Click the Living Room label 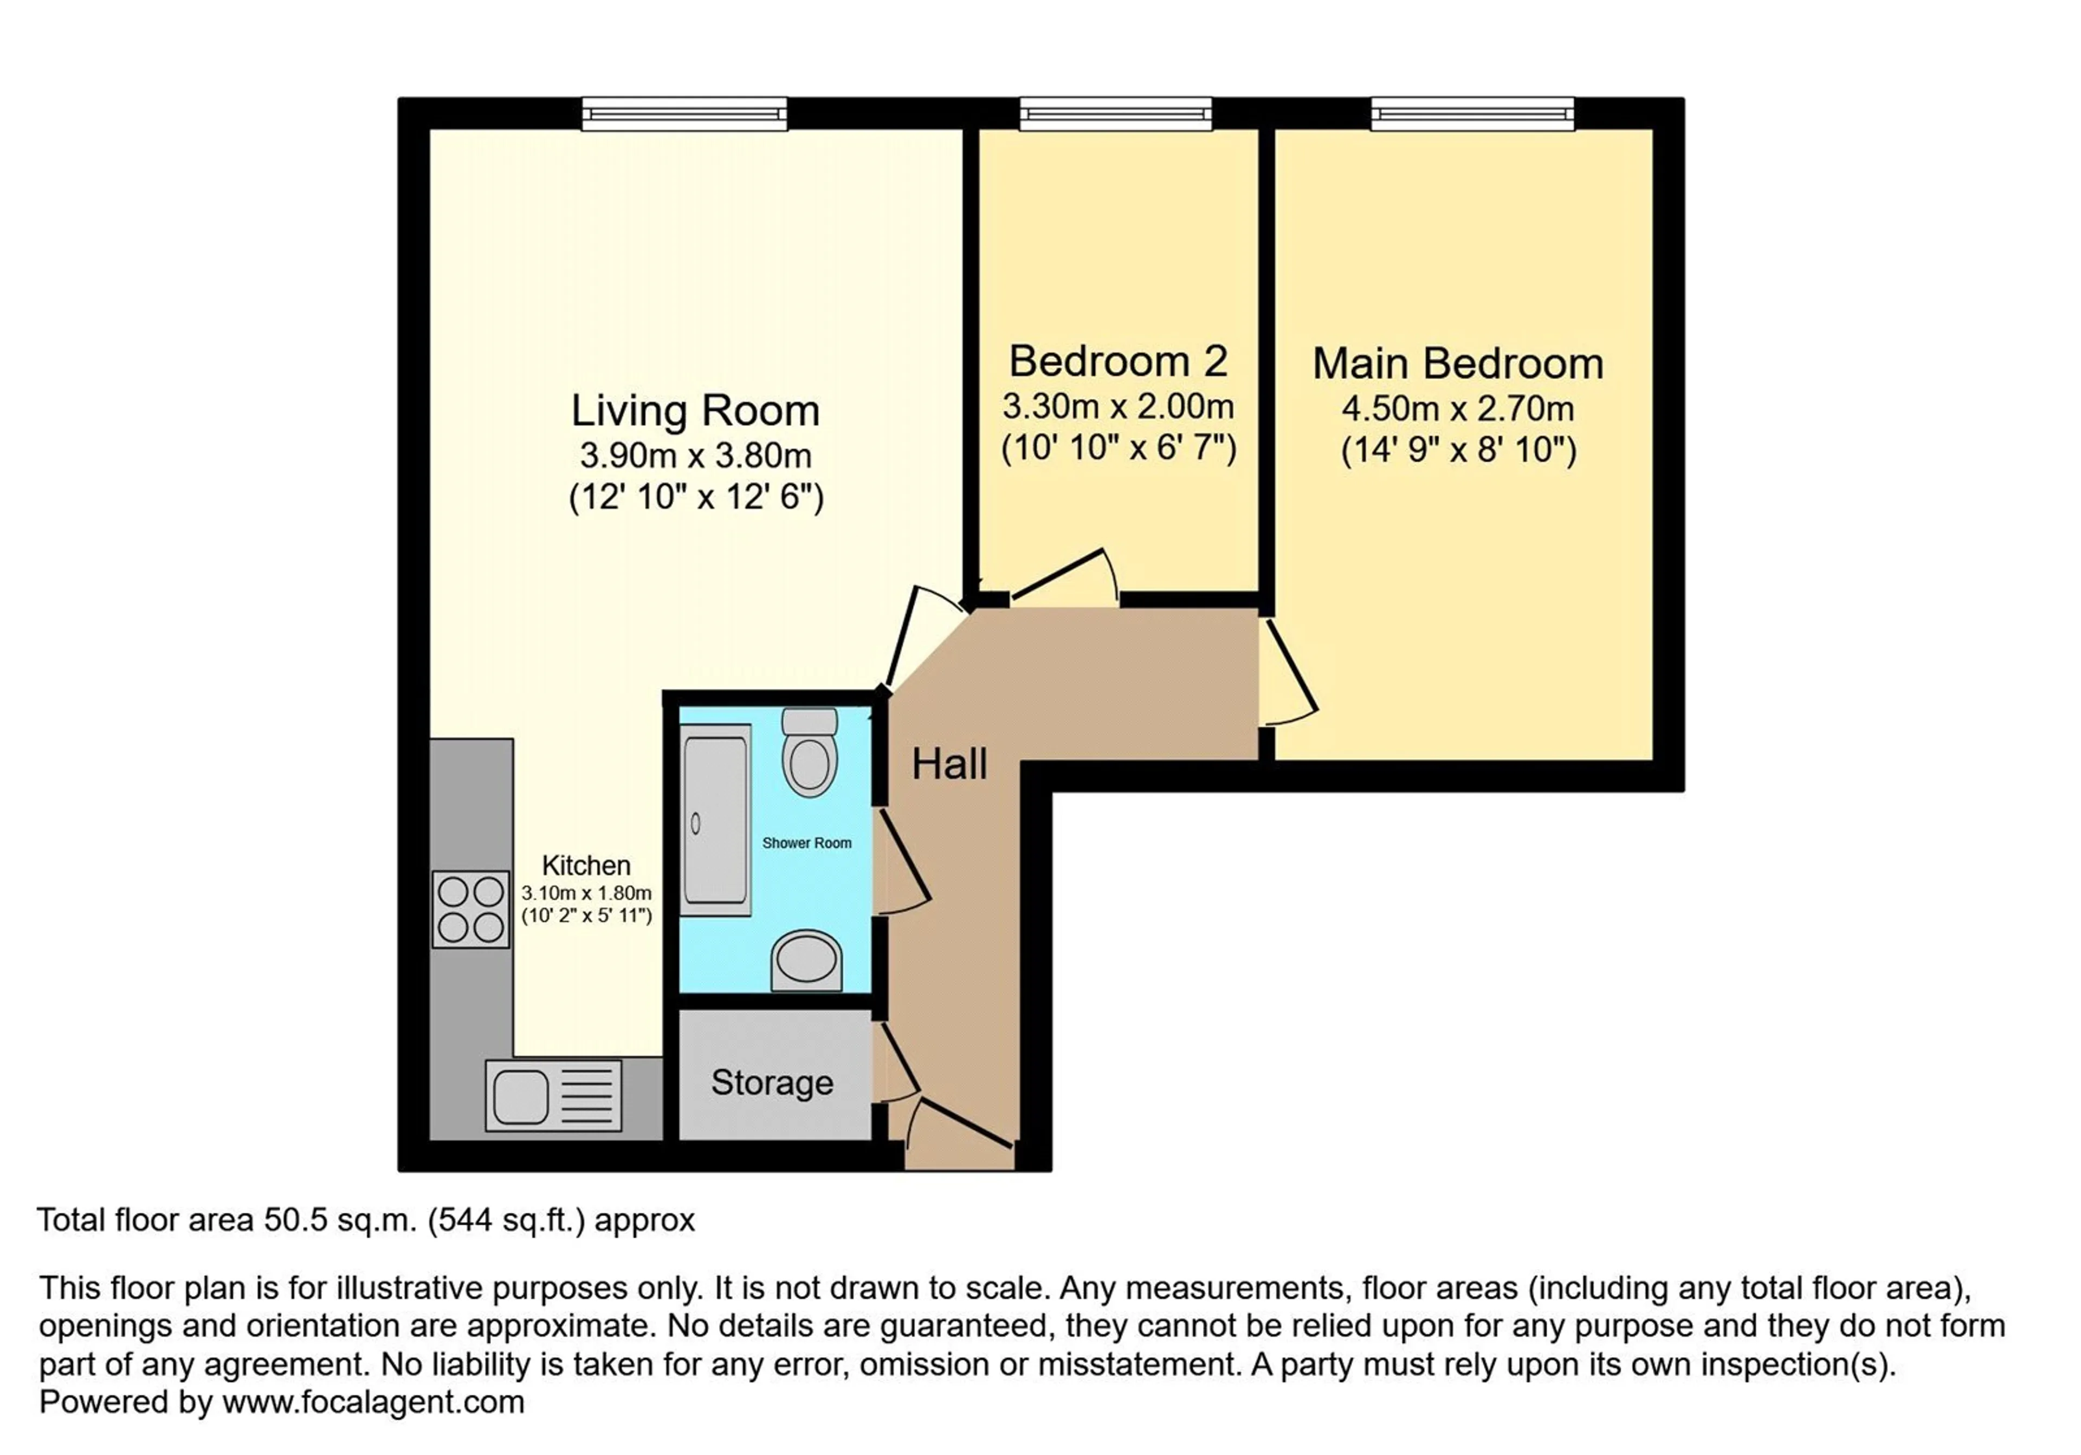(695, 411)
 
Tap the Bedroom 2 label (1119, 361)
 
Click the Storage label (772, 1083)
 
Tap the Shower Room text (807, 842)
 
